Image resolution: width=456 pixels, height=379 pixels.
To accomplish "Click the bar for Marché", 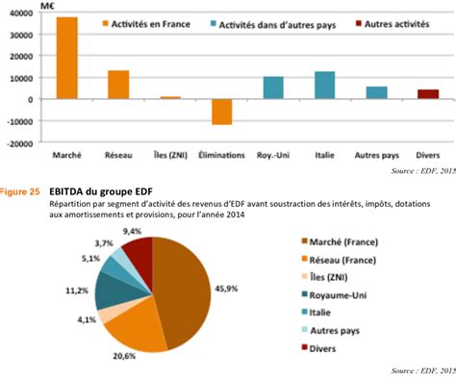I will (x=65, y=59).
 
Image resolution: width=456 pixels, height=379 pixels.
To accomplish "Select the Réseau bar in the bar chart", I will (x=117, y=85).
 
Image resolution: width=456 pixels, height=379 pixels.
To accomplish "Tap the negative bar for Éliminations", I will (x=222, y=112).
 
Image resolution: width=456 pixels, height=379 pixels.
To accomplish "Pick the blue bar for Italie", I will (x=324, y=86).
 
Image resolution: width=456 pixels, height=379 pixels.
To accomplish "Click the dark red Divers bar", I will (x=428, y=94).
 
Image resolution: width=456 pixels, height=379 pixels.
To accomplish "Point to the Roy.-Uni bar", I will (x=273, y=88).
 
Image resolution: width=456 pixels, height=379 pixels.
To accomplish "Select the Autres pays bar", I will (x=376, y=93).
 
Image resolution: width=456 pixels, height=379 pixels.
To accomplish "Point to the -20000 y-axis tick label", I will (x=19, y=144).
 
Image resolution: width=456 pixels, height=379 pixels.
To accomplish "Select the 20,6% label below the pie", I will (x=116, y=356).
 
